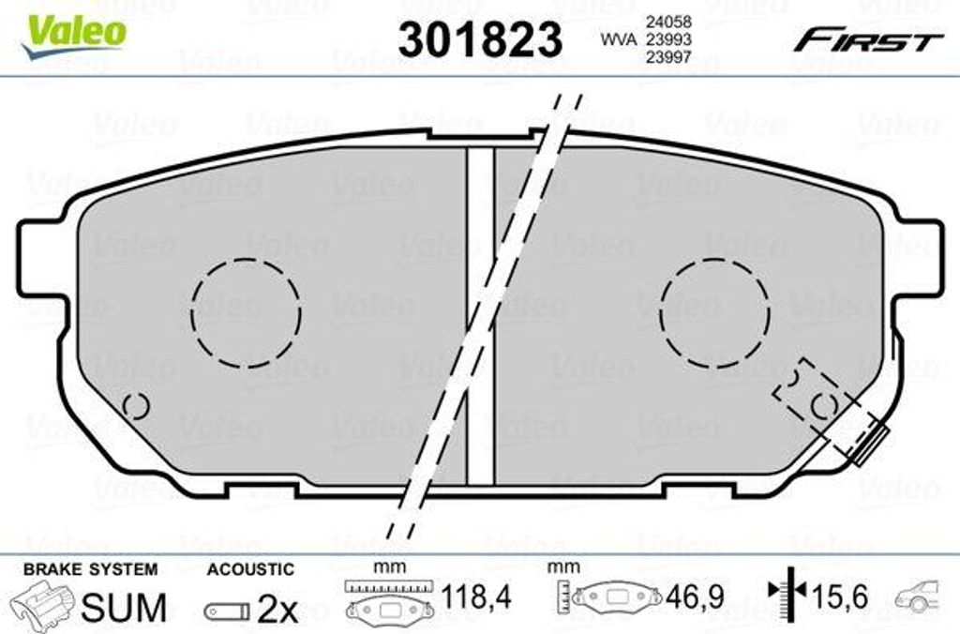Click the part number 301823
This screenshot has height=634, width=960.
pos(480,38)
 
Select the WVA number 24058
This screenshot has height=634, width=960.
pos(668,22)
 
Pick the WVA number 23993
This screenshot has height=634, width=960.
pos(668,39)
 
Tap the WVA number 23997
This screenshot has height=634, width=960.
pos(668,57)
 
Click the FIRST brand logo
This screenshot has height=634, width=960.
pos(868,40)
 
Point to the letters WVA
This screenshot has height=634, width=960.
pos(619,39)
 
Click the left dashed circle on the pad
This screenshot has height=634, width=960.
pos(191,312)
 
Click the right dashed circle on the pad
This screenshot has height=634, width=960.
pos(661,312)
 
